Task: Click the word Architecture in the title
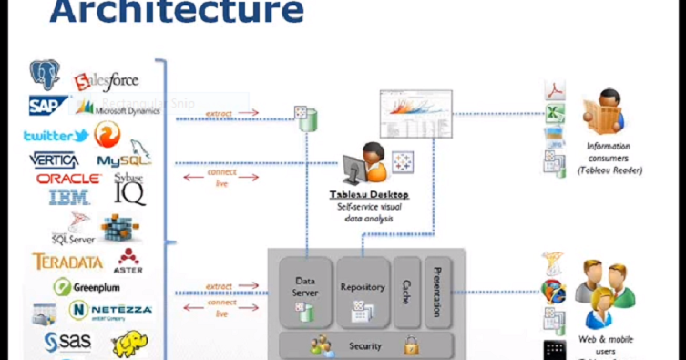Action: click(x=176, y=12)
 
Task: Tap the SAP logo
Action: click(x=47, y=105)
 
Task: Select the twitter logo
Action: click(x=55, y=136)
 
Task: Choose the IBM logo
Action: click(x=68, y=196)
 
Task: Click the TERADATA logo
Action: click(x=67, y=262)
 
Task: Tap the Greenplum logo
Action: click(x=86, y=287)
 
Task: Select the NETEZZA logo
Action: click(x=110, y=310)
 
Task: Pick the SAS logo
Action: click(x=69, y=342)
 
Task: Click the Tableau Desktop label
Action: click(x=368, y=195)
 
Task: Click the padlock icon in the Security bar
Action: click(x=411, y=345)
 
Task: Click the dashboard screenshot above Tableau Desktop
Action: click(x=415, y=113)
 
